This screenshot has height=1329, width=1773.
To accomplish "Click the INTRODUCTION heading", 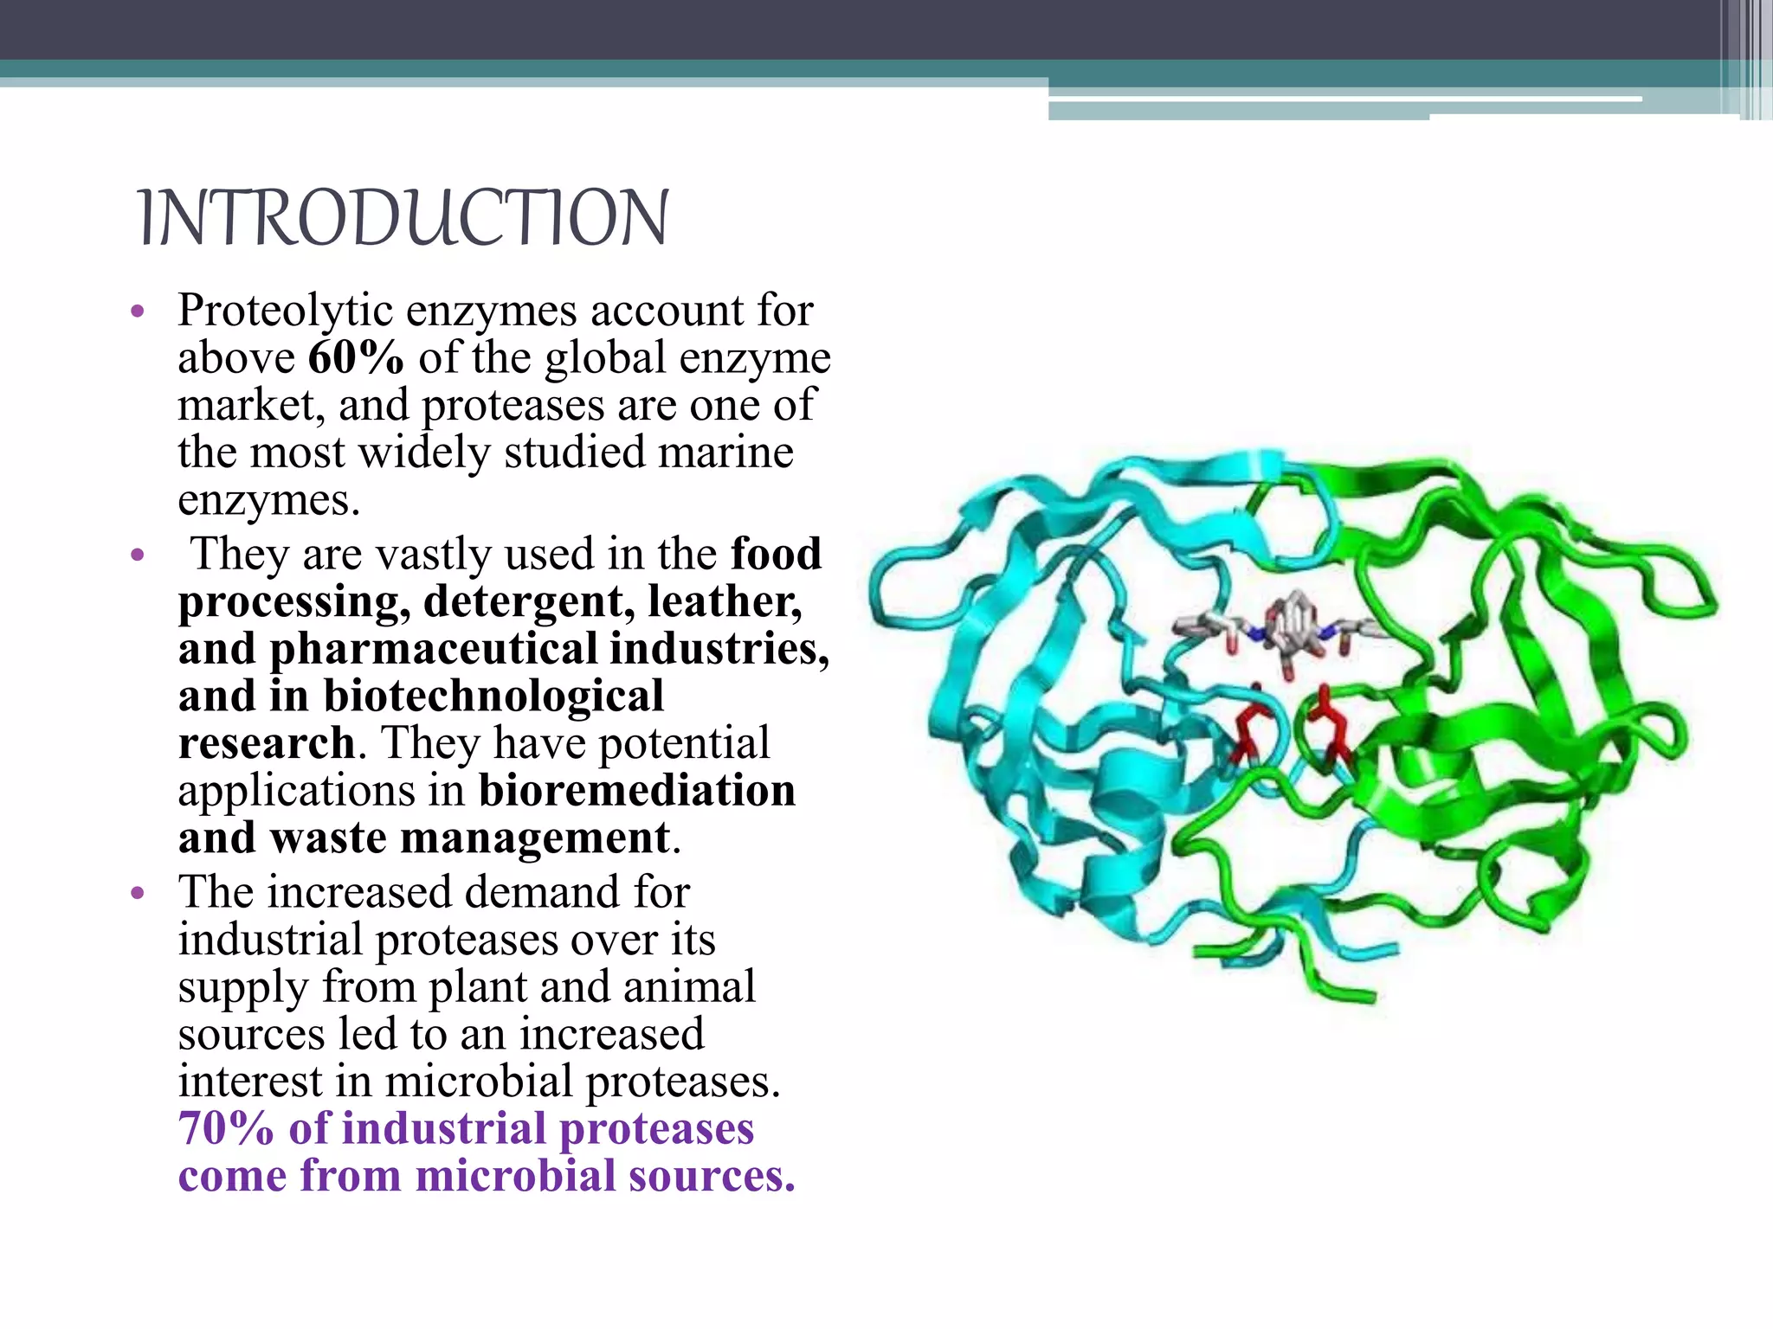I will [403, 217].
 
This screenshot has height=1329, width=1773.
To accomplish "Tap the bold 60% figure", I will [356, 358].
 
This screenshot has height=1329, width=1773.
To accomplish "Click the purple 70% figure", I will [226, 1128].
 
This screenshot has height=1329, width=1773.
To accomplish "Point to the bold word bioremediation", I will [637, 791].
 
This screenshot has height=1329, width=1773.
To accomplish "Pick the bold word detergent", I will [528, 601].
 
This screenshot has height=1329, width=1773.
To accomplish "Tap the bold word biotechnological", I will [493, 697].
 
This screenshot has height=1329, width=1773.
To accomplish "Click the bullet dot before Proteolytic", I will [136, 311].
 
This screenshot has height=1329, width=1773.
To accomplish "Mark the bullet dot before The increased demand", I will [136, 893].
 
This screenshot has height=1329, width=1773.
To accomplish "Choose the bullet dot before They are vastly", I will [136, 555].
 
